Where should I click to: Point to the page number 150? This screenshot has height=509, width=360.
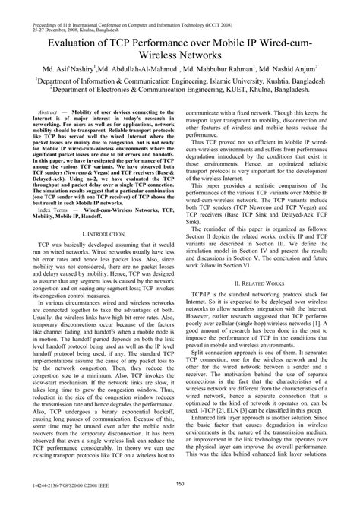tap(180, 483)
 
